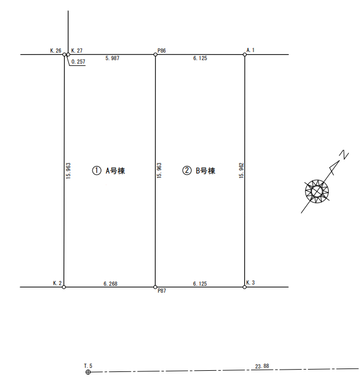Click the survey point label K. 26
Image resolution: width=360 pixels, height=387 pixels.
[56, 50]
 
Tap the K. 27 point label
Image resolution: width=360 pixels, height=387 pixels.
[77, 50]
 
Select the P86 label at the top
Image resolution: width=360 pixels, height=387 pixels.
[161, 50]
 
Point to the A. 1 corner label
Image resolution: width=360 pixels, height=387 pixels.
[251, 50]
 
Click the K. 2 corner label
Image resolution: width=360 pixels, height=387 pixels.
[57, 283]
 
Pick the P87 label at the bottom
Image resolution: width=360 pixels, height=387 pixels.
[161, 291]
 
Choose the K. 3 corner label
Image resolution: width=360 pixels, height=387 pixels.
[251, 283]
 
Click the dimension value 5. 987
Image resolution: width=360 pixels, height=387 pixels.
[112, 58]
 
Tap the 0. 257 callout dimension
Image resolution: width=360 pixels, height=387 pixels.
[78, 62]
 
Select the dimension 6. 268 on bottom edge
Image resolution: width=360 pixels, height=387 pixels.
[111, 284]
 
